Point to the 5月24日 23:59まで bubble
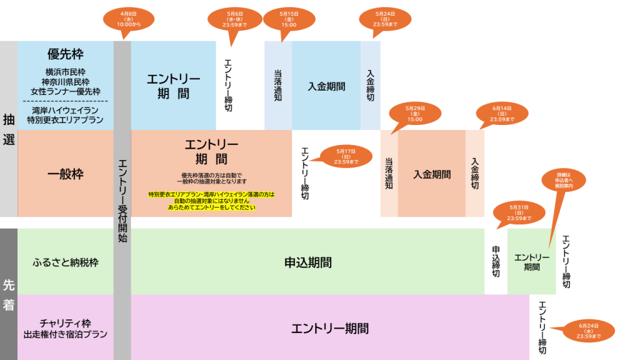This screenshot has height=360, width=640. tap(386, 19)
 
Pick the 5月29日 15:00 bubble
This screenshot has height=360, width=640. tap(414, 113)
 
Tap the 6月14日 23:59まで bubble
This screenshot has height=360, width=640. tap(502, 113)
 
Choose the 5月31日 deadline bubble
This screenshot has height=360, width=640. tap(519, 212)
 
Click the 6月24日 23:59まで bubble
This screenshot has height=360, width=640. tap(589, 331)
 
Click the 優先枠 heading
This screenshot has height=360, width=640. tap(66, 54)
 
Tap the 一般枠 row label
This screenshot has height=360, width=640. tap(66, 174)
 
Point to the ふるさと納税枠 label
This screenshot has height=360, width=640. tap(66, 262)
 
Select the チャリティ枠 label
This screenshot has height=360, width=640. tap(66, 323)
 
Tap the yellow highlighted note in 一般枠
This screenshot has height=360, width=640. tap(211, 201)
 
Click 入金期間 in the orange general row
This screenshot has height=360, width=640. tap(432, 174)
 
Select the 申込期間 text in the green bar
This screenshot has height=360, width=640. tap(307, 262)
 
